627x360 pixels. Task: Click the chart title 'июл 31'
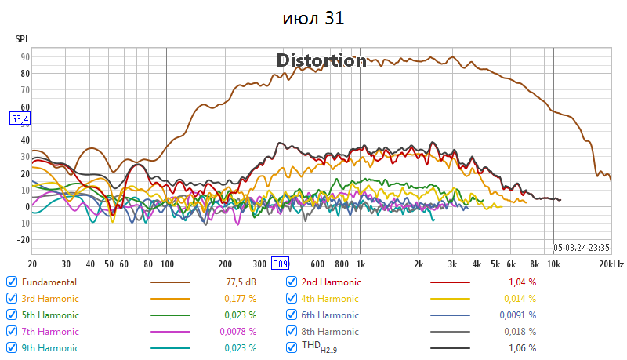(313, 18)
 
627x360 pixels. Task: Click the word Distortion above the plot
(321, 60)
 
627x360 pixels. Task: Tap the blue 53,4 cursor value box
(20, 118)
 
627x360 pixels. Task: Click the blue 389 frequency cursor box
(281, 264)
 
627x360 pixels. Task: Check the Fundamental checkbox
(11, 282)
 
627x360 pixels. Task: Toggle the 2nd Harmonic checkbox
(292, 282)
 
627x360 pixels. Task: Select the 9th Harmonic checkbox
(11, 347)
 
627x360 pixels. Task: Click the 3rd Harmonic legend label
(50, 298)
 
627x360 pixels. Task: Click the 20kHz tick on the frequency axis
(611, 264)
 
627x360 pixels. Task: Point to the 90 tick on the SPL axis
(25, 57)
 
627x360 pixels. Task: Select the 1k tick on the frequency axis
(361, 264)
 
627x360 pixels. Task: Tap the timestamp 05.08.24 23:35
(581, 245)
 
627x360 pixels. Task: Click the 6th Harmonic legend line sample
(451, 315)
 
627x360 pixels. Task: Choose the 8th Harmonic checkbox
(292, 331)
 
